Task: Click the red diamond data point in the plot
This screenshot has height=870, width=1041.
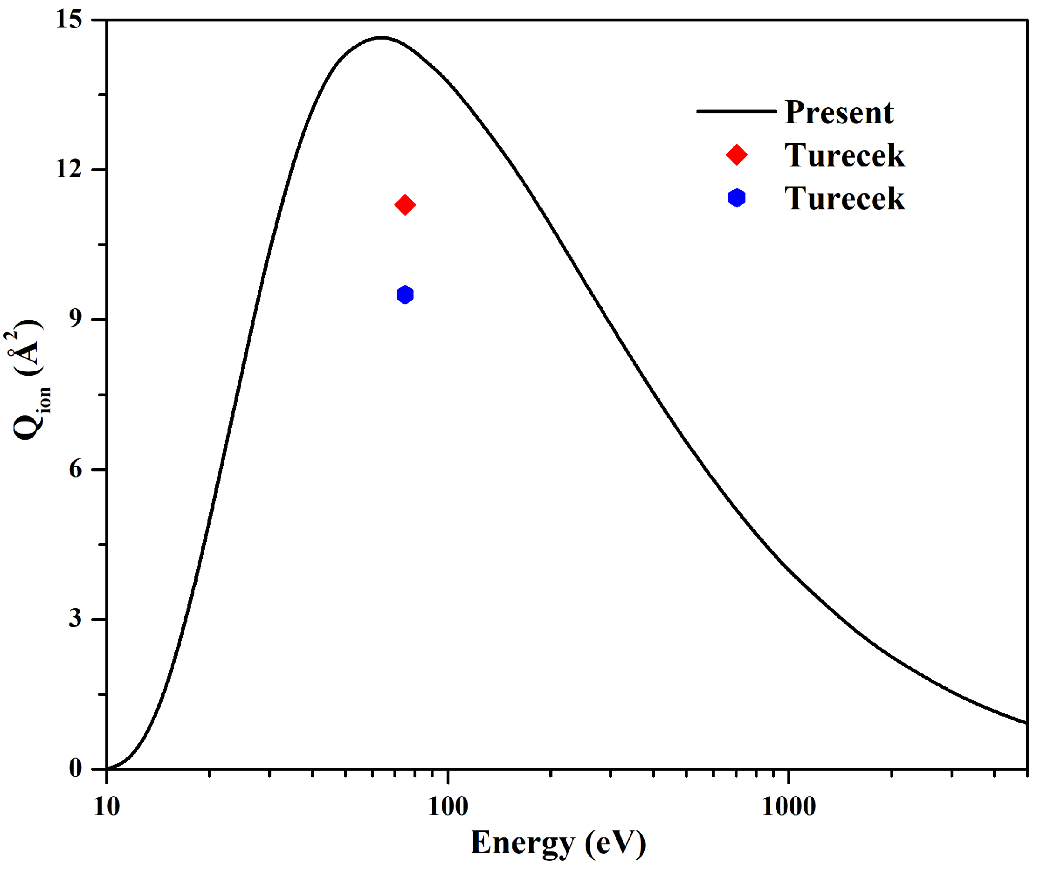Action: pyautogui.click(x=405, y=205)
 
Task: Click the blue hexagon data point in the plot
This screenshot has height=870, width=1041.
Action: pyautogui.click(x=405, y=295)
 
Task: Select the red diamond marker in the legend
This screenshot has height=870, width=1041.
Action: pyautogui.click(x=737, y=155)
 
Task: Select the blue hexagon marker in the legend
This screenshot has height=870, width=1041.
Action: pyautogui.click(x=737, y=198)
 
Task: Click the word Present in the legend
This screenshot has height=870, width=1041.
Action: pyautogui.click(x=839, y=112)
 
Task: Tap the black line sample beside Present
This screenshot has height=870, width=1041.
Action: pyautogui.click(x=736, y=111)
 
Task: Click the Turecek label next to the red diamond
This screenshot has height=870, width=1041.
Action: pyautogui.click(x=845, y=156)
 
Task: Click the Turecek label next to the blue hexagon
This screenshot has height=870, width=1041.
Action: pyautogui.click(x=845, y=199)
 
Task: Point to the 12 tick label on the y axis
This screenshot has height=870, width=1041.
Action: pyautogui.click(x=68, y=169)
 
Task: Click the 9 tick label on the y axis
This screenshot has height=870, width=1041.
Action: pyautogui.click(x=75, y=319)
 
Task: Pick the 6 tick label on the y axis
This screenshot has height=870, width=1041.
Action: pyautogui.click(x=75, y=469)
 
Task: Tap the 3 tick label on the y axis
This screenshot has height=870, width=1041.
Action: pyautogui.click(x=75, y=619)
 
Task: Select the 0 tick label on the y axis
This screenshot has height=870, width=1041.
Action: pyautogui.click(x=75, y=768)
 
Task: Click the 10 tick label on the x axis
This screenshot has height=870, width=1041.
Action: pyautogui.click(x=107, y=807)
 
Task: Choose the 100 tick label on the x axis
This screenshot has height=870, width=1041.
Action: pyautogui.click(x=448, y=807)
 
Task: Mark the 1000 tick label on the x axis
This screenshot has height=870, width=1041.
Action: pyautogui.click(x=789, y=807)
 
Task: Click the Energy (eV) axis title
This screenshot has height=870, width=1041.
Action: pyautogui.click(x=558, y=843)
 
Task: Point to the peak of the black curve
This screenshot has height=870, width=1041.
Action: pyautogui.click(x=381, y=37)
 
